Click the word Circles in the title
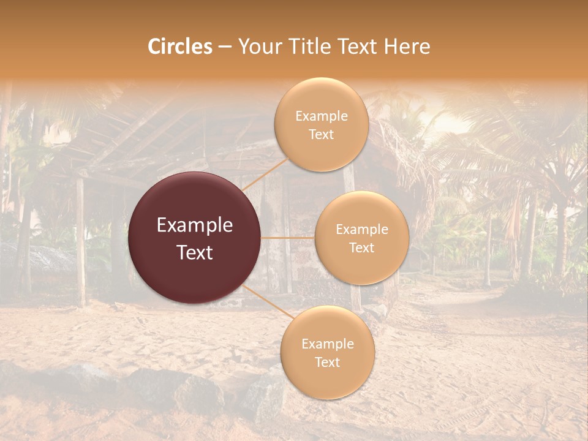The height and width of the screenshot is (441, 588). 179,47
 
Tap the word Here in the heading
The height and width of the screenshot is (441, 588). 407,47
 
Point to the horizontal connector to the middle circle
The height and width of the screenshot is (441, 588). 288,238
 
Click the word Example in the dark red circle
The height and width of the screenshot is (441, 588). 195,225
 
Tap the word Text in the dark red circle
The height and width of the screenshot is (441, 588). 195,252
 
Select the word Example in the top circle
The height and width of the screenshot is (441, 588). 322,116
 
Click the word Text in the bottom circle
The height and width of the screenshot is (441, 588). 327,362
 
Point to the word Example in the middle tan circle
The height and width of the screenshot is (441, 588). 362,230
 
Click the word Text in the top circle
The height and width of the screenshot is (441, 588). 322,134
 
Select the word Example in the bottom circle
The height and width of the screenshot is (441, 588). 328,344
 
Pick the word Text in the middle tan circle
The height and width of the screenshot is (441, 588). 362,247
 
